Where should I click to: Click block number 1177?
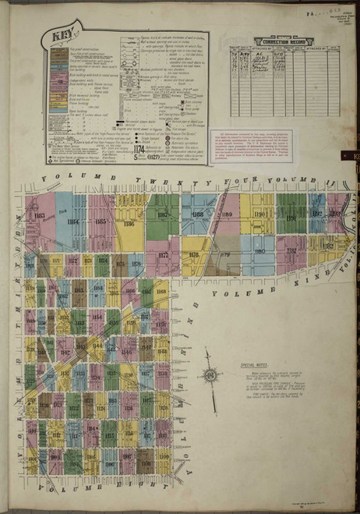[x=163, y=254]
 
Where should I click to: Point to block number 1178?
[x=194, y=254]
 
